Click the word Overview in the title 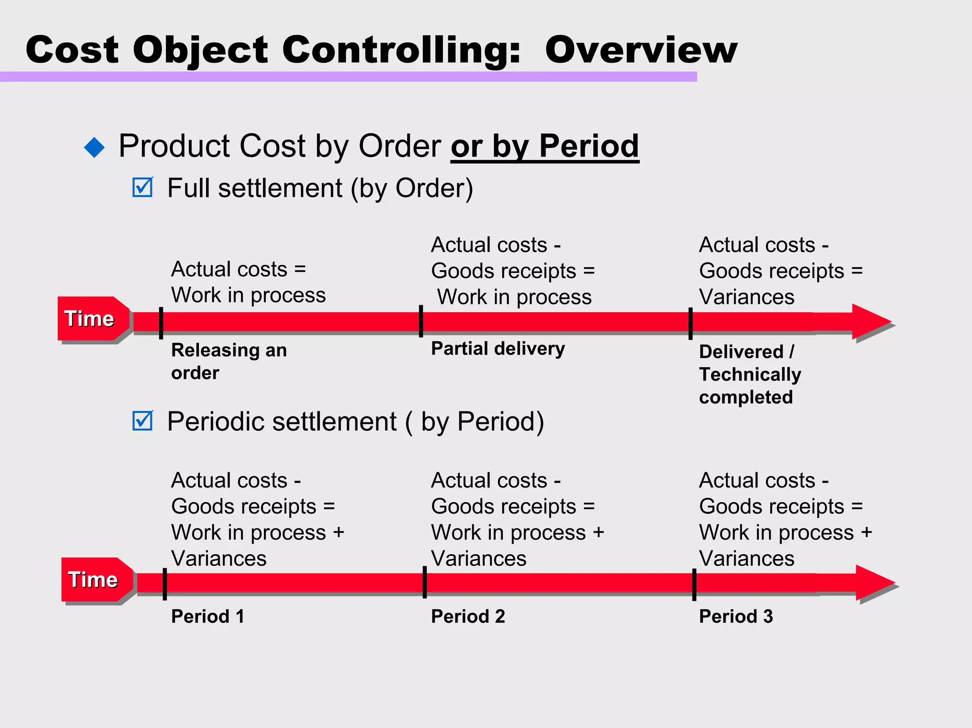[x=641, y=50]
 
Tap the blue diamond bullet [x=94, y=147]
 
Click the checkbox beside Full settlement [x=142, y=187]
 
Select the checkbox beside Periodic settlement [x=142, y=421]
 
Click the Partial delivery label [x=498, y=349]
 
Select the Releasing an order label [x=229, y=361]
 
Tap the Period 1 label [x=207, y=616]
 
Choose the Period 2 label [x=468, y=616]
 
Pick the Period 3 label [x=736, y=616]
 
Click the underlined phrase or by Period [x=544, y=146]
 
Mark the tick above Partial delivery [x=421, y=321]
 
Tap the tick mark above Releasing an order [x=161, y=323]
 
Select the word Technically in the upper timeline [x=750, y=374]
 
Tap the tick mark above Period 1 [x=165, y=584]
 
